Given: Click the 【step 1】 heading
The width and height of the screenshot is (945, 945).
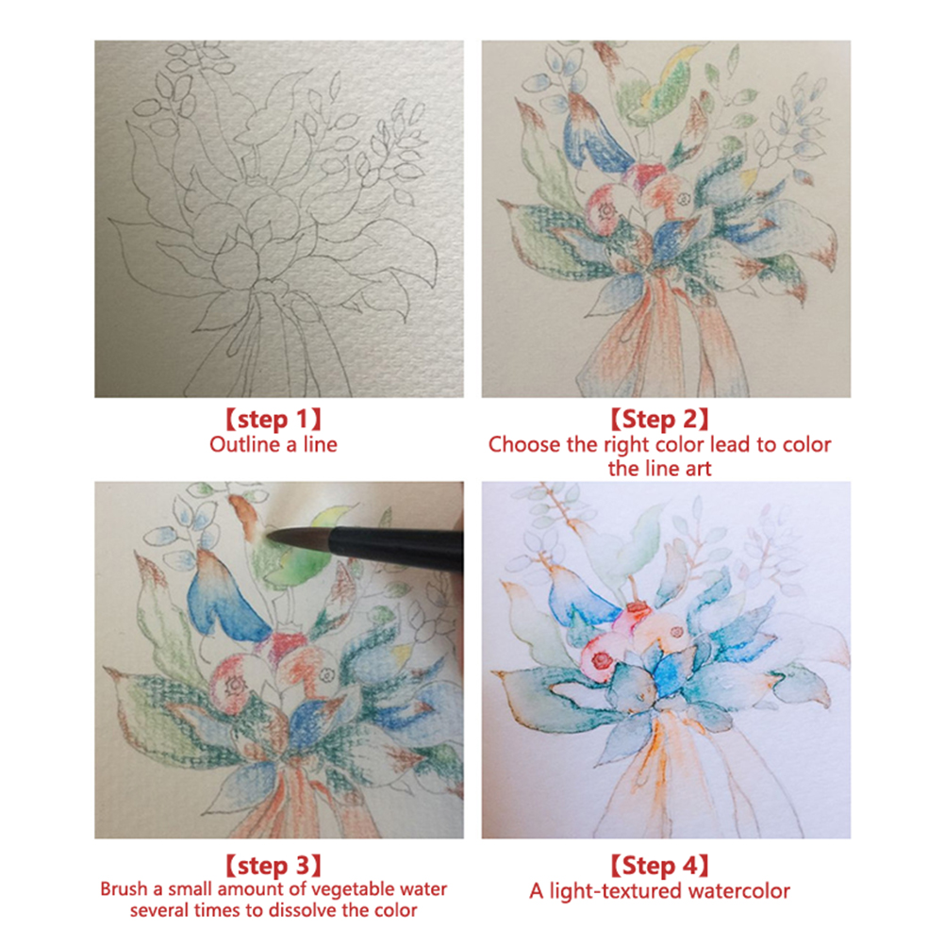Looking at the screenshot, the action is pos(273,420).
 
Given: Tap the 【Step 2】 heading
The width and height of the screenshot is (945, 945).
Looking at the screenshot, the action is pos(659,420).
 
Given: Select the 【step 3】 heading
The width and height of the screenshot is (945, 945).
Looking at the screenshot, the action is pos(273,866).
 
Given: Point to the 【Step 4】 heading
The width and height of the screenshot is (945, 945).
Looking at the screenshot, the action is pos(659,866).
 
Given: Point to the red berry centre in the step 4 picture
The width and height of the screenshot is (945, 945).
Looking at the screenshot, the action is pos(603,660).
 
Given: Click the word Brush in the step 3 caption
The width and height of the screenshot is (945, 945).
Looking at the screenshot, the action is pos(124,889).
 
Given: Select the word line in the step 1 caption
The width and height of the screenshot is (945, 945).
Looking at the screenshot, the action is pos(320,445).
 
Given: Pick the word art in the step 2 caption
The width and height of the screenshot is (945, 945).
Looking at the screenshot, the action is pos(698,469).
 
